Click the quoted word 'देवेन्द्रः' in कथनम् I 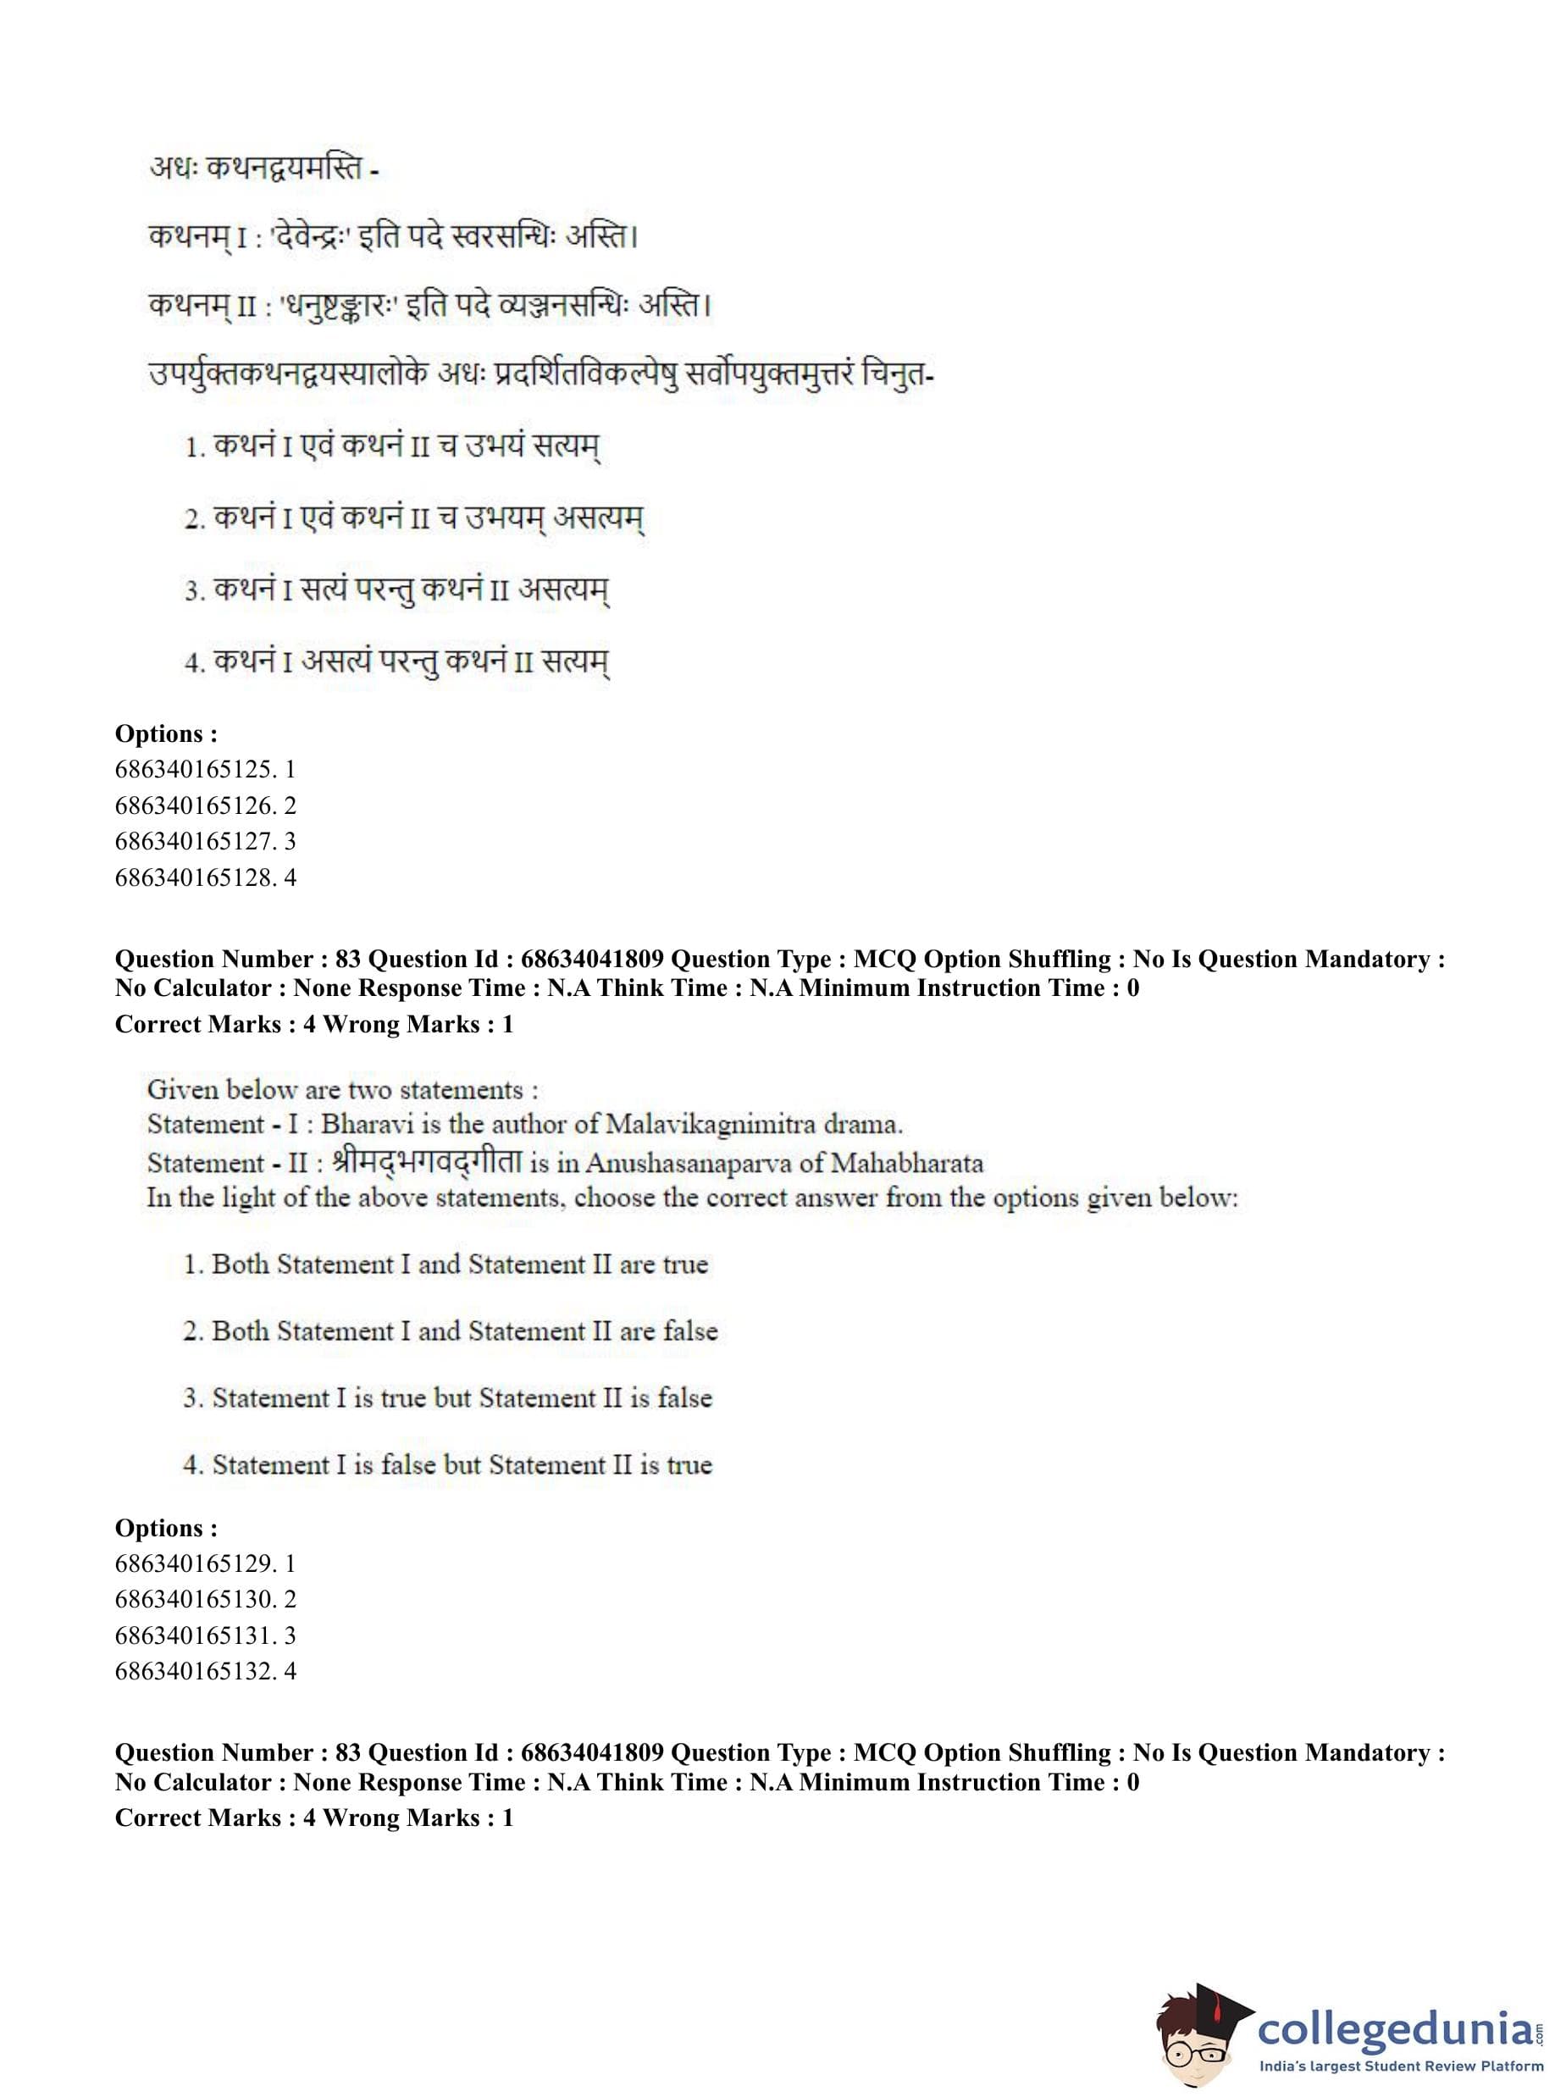click(311, 235)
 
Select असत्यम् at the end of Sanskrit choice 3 click(564, 591)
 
